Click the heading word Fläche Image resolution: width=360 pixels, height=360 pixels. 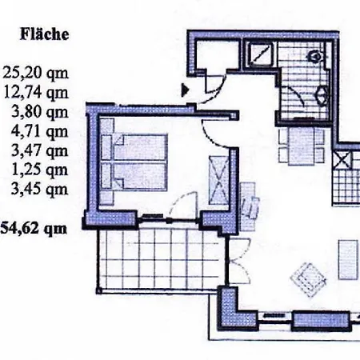(45, 34)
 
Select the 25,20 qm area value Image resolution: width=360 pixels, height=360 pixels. (35, 73)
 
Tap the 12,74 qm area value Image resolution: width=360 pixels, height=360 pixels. (36, 93)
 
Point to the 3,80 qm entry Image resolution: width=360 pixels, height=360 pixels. (40, 112)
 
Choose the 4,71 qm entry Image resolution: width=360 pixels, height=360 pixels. (40, 131)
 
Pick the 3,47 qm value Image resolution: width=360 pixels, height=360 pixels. (40, 151)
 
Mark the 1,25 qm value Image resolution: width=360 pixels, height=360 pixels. (40, 170)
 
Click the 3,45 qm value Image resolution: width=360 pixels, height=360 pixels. (40, 190)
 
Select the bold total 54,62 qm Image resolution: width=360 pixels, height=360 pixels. (34, 229)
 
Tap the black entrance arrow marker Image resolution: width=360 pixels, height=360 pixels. (185, 90)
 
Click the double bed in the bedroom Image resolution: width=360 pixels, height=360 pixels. (134, 162)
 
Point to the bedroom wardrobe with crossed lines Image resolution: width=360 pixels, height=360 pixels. (218, 181)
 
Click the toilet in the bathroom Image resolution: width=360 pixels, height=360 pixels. (315, 56)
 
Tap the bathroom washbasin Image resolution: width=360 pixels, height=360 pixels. (322, 95)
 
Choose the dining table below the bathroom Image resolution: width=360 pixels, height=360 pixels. (302, 146)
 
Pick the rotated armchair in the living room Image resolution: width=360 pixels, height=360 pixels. (308, 279)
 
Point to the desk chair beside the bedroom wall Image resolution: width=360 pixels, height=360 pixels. (251, 207)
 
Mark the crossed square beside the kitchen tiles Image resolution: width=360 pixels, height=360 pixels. (342, 160)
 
